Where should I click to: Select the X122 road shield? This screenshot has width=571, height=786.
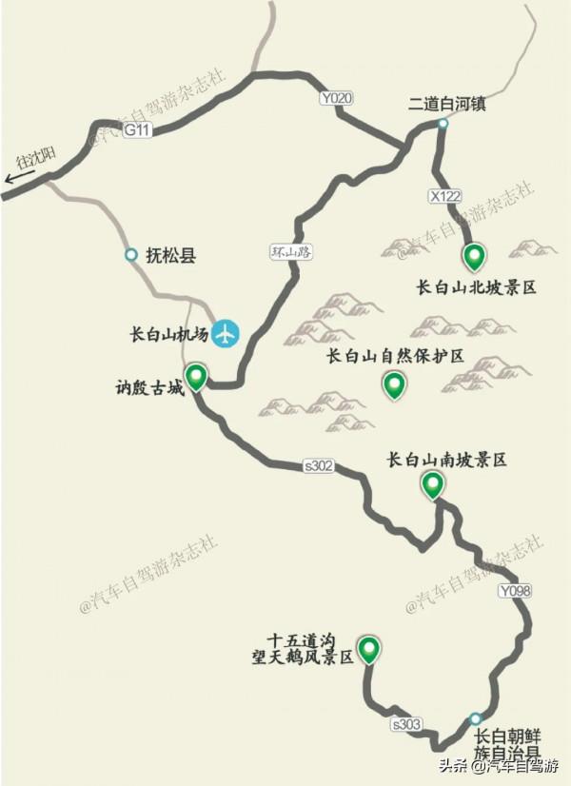(444, 196)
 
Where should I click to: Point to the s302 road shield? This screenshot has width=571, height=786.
(319, 465)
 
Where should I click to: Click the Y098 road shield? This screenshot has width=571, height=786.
(513, 591)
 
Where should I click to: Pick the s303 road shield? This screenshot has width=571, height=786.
(405, 725)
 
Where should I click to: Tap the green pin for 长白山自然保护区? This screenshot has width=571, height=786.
(393, 385)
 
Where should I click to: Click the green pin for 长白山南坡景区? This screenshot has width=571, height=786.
(434, 486)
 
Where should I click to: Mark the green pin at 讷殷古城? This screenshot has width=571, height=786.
(196, 377)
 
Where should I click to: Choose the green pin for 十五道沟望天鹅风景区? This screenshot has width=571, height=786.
(367, 649)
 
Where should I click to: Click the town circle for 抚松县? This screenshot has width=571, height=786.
(130, 255)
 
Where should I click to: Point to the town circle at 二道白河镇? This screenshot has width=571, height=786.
(443, 125)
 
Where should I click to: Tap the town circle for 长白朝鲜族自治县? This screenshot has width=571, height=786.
(475, 719)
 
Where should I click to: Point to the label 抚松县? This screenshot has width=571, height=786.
(170, 255)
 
